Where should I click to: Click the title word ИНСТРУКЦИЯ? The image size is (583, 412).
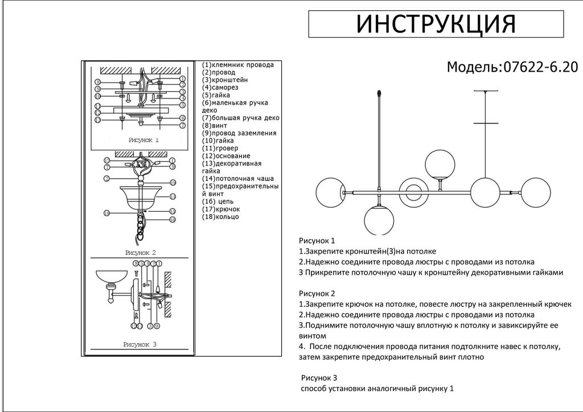[x=436, y=24]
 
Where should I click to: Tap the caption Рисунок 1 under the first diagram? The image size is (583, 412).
[x=143, y=139]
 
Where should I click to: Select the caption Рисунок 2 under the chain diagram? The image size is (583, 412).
[x=140, y=252]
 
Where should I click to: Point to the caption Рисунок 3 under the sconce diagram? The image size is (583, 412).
[x=139, y=344]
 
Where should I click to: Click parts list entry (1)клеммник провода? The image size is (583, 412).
[x=238, y=65]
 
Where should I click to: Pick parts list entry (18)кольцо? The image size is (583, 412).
[x=220, y=217]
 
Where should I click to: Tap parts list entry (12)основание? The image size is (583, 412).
[x=226, y=156]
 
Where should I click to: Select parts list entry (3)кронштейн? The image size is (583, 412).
[x=227, y=80]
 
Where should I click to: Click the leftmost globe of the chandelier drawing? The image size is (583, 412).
[x=330, y=193]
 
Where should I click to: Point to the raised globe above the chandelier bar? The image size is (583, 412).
[x=440, y=164]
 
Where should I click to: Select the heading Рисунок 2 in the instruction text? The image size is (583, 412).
[x=317, y=294]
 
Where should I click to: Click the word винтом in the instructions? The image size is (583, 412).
[x=313, y=336]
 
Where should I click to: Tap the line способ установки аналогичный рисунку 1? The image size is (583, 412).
[x=377, y=389]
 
